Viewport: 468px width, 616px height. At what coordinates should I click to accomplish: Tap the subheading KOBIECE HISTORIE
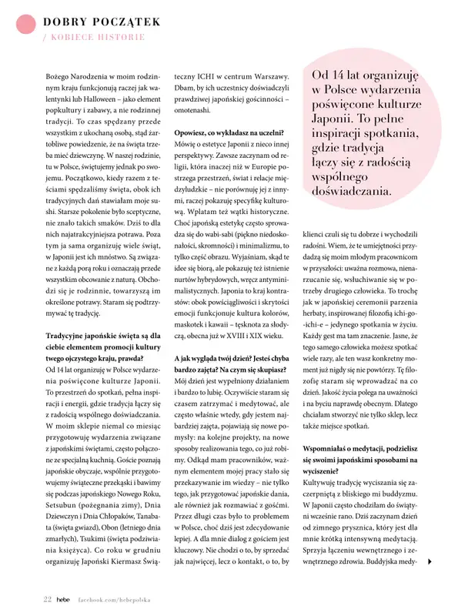[x=96, y=36]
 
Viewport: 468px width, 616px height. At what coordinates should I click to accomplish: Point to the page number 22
[x=47, y=598]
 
